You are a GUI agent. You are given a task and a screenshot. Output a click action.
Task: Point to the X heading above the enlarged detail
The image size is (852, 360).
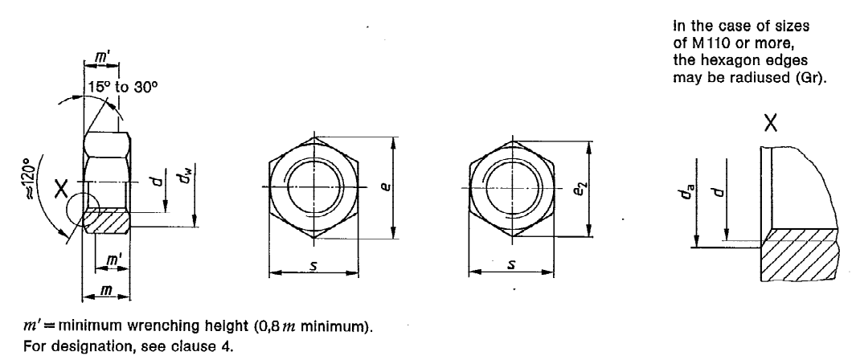tap(771, 123)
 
